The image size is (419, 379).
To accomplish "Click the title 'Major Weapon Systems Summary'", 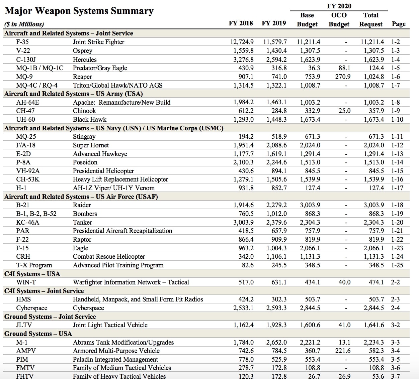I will click(79, 11).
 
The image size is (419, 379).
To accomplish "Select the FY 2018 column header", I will click(241, 23).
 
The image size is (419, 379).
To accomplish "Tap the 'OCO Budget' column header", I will click(339, 20).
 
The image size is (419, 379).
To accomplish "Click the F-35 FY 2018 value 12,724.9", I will click(242, 42).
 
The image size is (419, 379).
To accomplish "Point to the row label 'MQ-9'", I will click(24, 77).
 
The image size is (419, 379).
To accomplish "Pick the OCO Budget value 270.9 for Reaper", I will click(343, 77).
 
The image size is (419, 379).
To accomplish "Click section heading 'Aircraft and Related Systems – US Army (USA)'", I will click(74, 94).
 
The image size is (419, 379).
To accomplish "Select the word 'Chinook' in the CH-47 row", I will click(84, 111).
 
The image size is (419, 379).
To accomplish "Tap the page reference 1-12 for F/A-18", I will click(397, 145).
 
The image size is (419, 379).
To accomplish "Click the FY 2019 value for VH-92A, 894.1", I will click(279, 171).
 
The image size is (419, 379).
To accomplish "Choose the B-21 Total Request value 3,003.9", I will click(374, 205).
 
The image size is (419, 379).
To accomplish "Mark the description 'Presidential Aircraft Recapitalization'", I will click(122, 231).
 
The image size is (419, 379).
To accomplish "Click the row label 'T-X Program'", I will click(34, 265).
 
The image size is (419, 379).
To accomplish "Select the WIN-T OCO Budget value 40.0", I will click(344, 282).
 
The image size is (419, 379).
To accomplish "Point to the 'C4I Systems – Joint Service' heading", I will click(44, 291).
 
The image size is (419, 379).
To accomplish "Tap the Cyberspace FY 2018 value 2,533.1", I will click(243, 308).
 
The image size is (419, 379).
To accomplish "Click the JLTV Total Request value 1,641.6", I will click(374, 325).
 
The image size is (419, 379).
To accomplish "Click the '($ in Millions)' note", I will click(24, 24).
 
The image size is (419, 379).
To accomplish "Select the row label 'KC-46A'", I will click(28, 223).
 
